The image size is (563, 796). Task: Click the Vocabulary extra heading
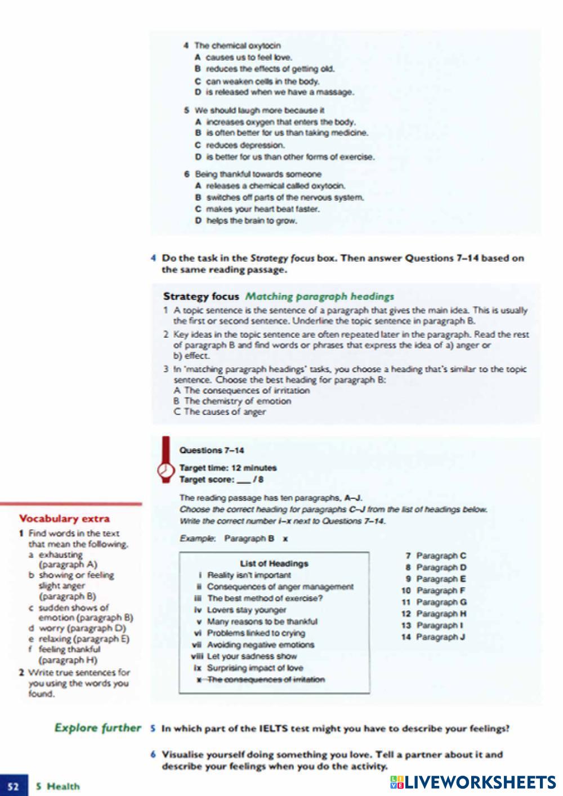[x=64, y=518]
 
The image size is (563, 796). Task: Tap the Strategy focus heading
[x=201, y=296]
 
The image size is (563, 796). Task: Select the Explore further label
[x=97, y=728]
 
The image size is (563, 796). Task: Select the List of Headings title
[x=274, y=564]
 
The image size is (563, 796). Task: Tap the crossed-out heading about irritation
[x=260, y=679]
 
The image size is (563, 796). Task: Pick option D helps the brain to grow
[x=246, y=221]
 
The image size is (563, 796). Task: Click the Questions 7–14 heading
[x=211, y=450]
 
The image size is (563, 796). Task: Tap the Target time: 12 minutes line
[x=227, y=468]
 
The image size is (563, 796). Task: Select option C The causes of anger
[x=220, y=412]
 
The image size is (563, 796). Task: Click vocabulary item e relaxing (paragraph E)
[x=79, y=639]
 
